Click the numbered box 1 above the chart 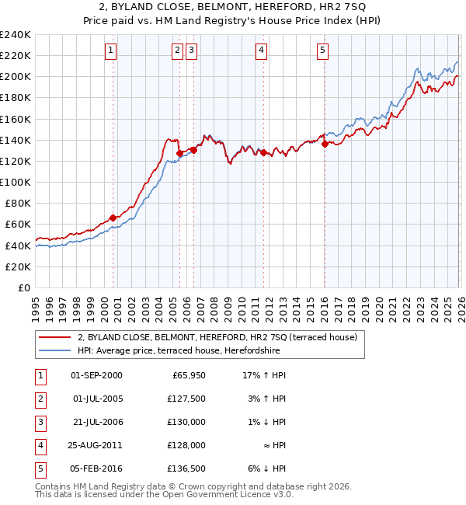pos(111,51)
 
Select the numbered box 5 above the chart pos(322,51)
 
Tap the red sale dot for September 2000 pos(113,218)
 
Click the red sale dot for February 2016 pos(325,143)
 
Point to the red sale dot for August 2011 pos(263,152)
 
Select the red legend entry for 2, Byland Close pos(217,337)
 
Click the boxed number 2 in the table pos(39,399)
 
